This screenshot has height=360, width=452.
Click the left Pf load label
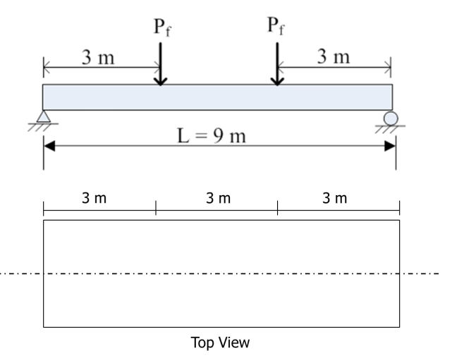pos(163,27)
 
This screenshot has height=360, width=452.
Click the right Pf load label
pos(276,26)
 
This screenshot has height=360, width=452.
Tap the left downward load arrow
pos(161,64)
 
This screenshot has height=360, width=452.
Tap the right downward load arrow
pos(277,64)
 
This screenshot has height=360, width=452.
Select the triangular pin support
pos(44,116)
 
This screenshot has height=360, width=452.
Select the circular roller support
pos(391,118)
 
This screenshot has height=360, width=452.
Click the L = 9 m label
pos(212,136)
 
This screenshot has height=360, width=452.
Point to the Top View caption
pos(220,342)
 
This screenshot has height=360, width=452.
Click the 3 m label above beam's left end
pos(98,57)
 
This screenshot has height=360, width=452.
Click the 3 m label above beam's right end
pos(334,56)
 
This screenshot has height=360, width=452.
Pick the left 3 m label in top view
pos(94,198)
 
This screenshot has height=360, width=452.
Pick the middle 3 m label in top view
pos(218,198)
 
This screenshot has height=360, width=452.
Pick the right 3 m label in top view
pos(335,198)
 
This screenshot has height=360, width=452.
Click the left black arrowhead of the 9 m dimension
pos(49,146)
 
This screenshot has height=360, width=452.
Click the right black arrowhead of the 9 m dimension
pos(390,146)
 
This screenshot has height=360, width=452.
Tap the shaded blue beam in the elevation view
pos(218,97)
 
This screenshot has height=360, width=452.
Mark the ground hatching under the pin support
pos(43,128)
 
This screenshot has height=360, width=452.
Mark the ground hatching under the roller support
pos(391,130)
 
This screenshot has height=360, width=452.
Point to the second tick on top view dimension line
pos(156,208)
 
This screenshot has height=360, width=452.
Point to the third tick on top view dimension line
pos(278,208)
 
